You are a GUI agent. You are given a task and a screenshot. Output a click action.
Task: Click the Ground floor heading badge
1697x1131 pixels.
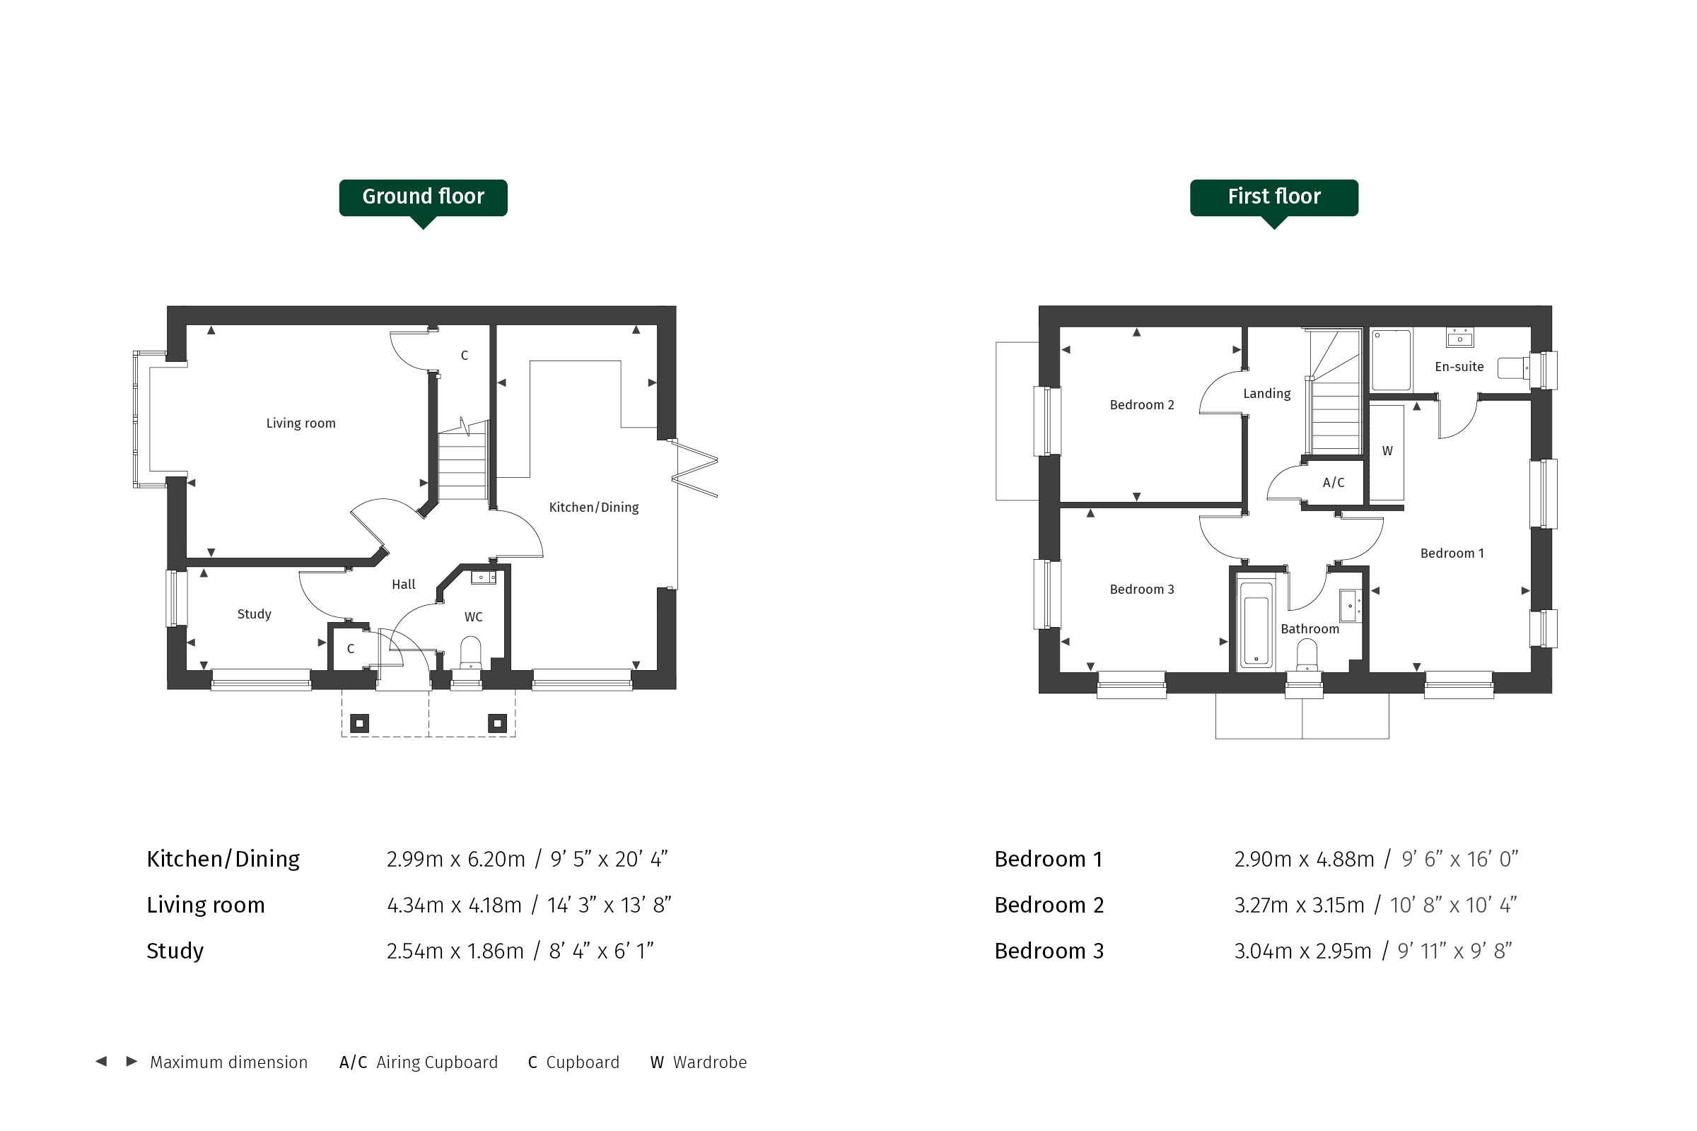click(x=424, y=199)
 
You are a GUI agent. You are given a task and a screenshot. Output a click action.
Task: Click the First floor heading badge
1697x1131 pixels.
click(x=1274, y=199)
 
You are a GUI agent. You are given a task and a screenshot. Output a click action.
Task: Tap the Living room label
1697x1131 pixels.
click(x=301, y=423)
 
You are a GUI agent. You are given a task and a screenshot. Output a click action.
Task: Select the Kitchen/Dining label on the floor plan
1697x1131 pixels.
click(x=594, y=507)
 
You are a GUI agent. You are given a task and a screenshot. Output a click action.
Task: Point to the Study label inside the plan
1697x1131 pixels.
click(x=254, y=614)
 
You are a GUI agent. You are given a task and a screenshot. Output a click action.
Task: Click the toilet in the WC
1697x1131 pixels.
click(x=470, y=652)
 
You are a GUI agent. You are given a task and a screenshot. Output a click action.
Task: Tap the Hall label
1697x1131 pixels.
click(x=403, y=585)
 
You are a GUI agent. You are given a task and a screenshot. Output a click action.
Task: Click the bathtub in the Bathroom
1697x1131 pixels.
click(x=1256, y=621)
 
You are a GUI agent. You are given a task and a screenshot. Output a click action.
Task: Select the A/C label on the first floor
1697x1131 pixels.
click(x=1334, y=483)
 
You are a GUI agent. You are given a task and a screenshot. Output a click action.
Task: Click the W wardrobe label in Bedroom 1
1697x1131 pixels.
click(x=1387, y=451)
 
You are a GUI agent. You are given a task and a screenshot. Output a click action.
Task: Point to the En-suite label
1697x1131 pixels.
click(x=1459, y=366)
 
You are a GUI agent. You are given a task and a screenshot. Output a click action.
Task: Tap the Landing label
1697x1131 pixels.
click(x=1267, y=393)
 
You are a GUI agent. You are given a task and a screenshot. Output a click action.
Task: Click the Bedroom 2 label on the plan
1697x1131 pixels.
click(x=1142, y=404)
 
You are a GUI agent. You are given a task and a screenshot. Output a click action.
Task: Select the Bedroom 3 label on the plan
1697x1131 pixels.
click(x=1142, y=590)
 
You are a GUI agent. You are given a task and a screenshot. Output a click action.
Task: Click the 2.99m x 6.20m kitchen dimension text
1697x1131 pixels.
click(x=456, y=859)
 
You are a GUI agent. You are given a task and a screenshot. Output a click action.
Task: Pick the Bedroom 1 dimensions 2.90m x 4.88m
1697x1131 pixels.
click(x=1305, y=859)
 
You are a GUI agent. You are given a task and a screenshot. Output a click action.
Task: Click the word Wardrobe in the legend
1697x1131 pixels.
click(x=710, y=1062)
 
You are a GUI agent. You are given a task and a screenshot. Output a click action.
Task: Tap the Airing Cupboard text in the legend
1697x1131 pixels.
click(x=437, y=1062)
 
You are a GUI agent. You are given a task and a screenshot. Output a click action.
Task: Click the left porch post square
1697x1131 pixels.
click(x=359, y=722)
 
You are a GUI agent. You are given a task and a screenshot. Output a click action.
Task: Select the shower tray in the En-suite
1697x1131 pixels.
click(x=1391, y=360)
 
